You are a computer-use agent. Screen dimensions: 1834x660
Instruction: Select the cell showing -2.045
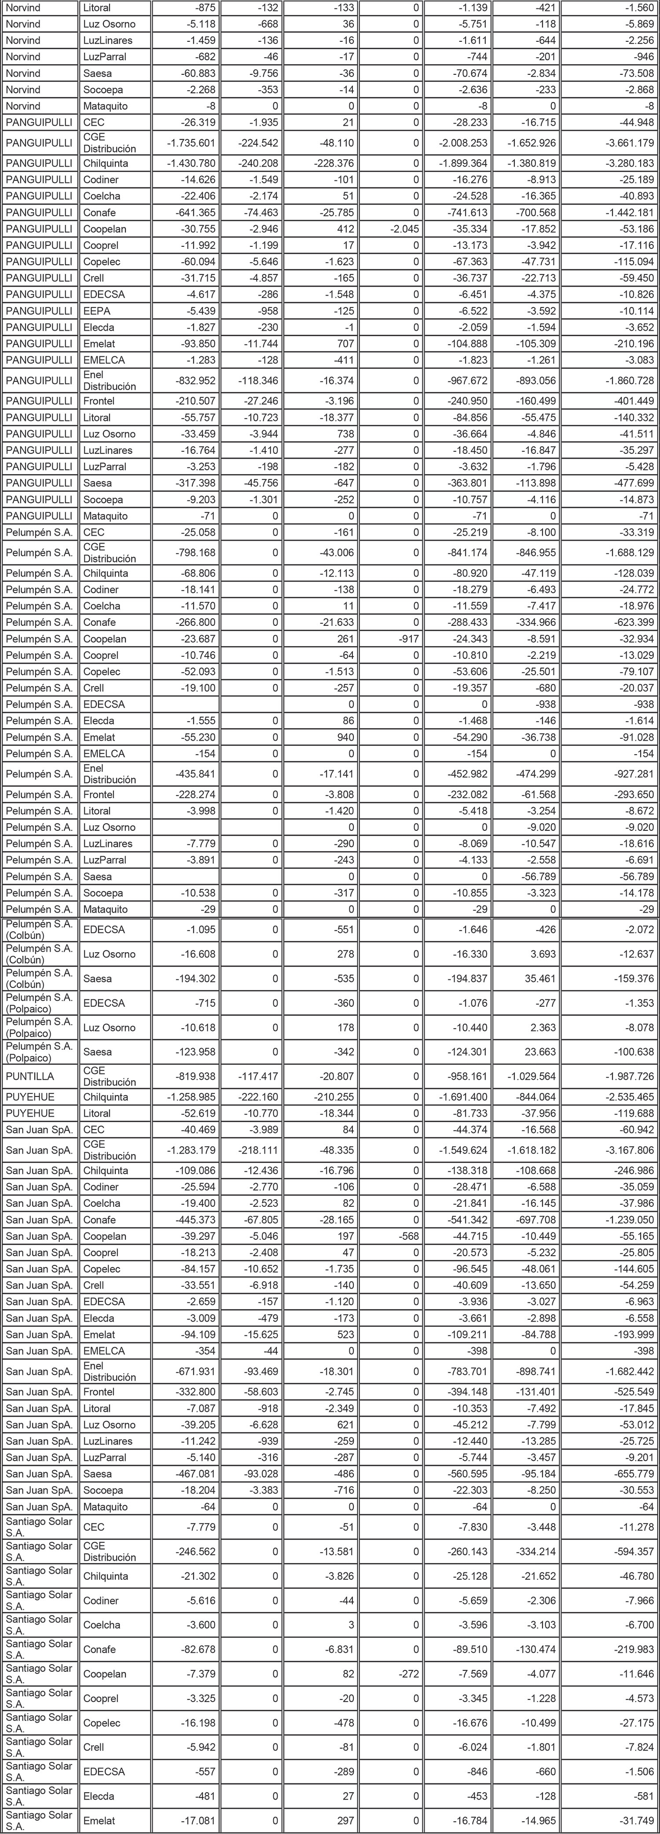[x=403, y=229]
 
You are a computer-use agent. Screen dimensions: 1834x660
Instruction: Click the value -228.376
[x=334, y=164]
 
